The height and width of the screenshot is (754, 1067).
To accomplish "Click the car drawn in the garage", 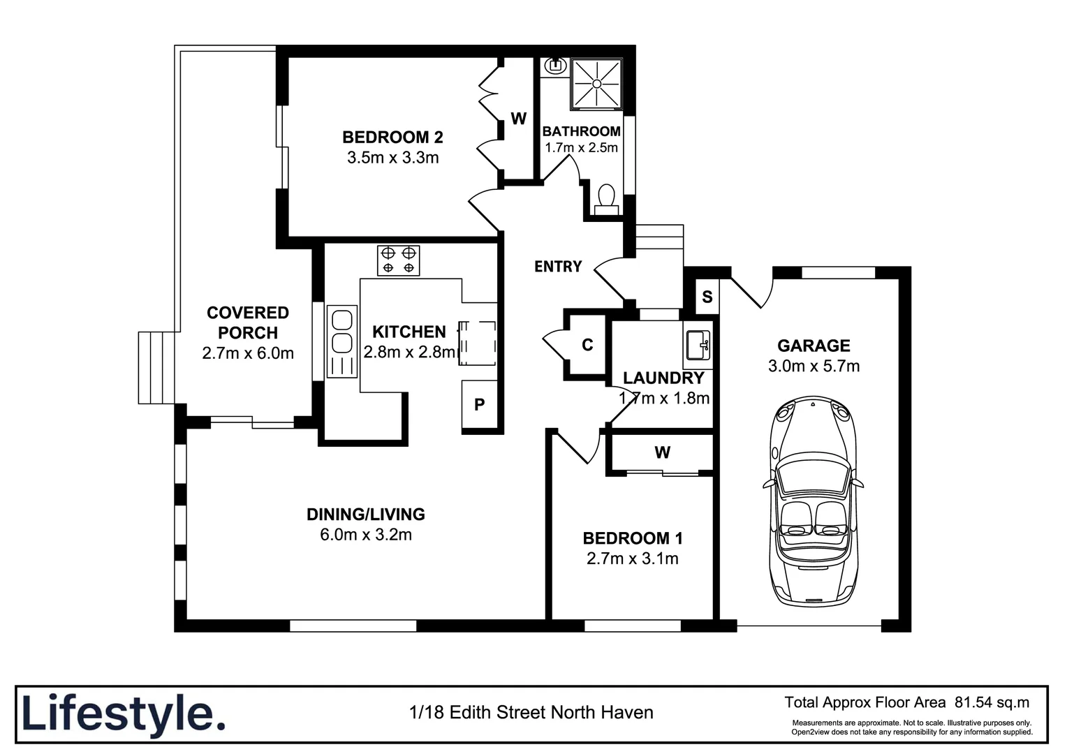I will (x=813, y=501).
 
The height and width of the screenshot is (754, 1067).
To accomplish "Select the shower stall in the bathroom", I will (x=596, y=84).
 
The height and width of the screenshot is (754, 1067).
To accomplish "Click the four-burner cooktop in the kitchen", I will (x=398, y=260).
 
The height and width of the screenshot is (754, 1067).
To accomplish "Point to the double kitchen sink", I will (x=341, y=332).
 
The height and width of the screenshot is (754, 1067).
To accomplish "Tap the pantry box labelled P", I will (x=480, y=405).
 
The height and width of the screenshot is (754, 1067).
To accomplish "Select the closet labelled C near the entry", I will (x=587, y=345).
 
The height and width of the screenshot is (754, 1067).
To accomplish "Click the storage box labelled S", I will (x=707, y=297).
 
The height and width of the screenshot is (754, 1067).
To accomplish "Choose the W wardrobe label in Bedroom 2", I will (x=518, y=119).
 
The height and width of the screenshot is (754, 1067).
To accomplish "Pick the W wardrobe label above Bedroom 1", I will (x=662, y=452).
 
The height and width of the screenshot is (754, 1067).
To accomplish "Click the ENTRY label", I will (x=558, y=267).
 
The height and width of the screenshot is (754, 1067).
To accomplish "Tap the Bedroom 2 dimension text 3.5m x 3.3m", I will (x=392, y=158).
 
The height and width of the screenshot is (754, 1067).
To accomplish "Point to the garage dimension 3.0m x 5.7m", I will (x=814, y=366).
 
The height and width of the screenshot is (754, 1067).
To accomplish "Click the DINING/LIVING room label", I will (x=365, y=515).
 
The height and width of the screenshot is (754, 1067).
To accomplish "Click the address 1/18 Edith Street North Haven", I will (x=531, y=713).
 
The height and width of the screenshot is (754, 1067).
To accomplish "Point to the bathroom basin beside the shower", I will (x=556, y=66).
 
